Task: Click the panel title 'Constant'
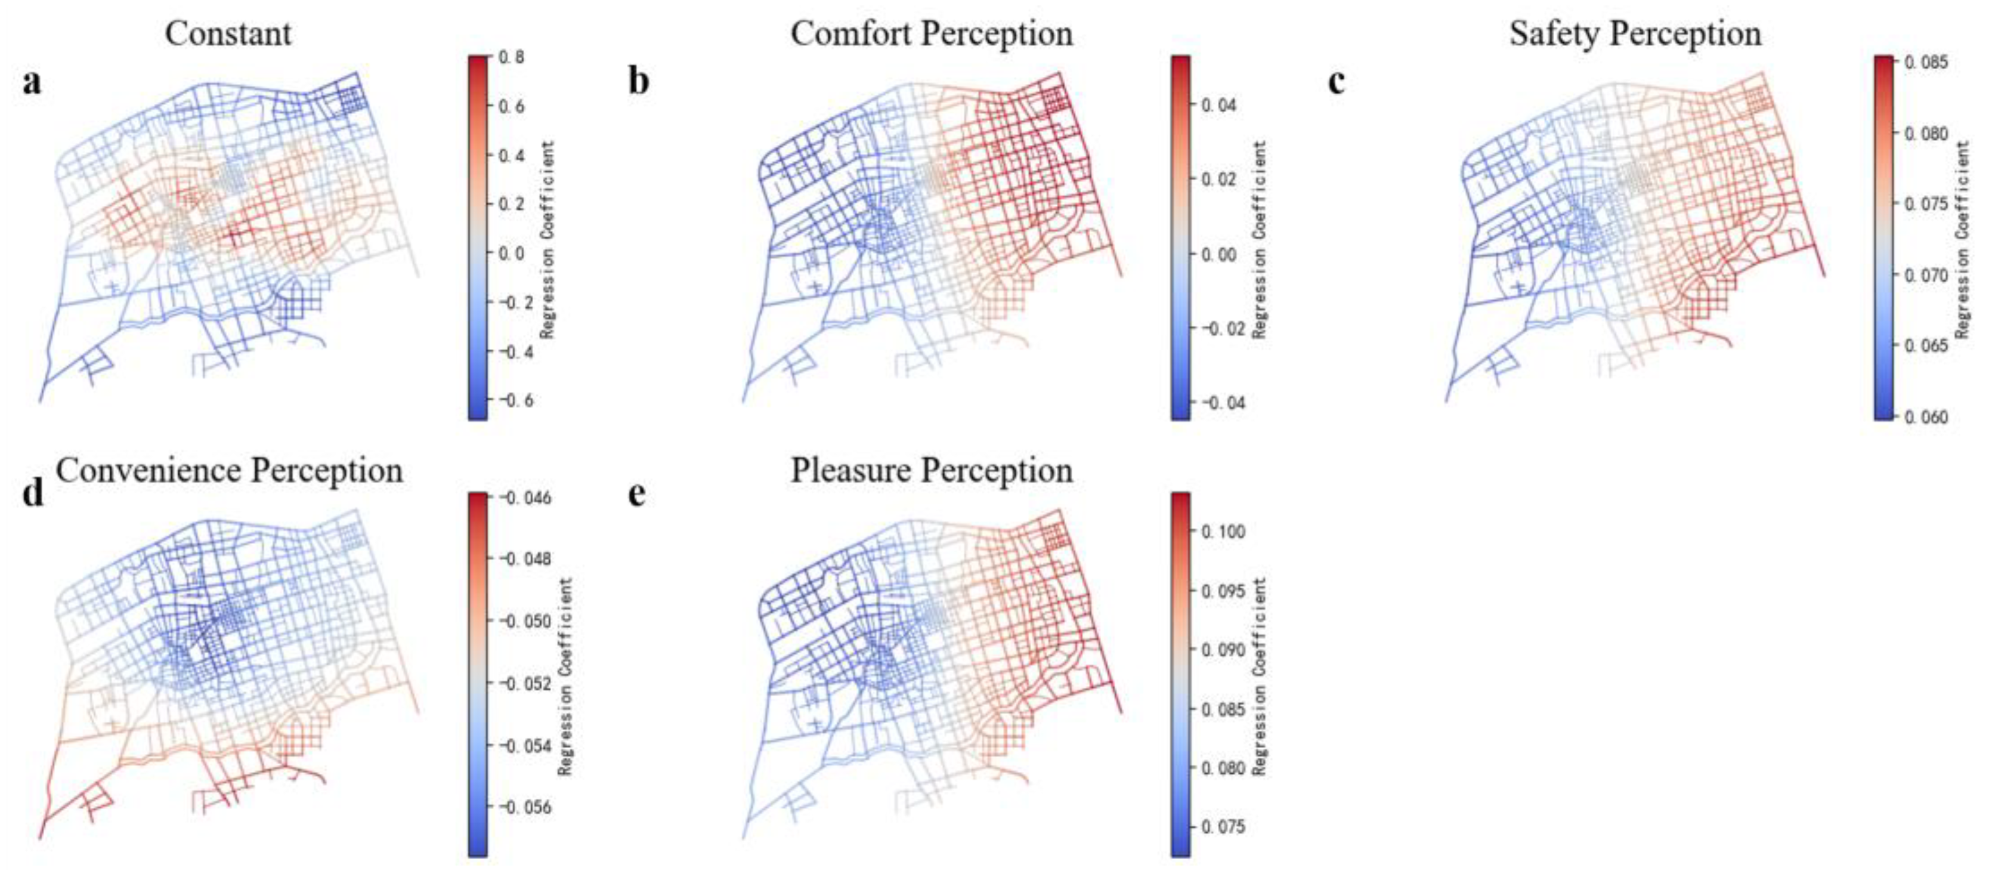click(x=228, y=33)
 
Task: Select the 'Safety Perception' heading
click(x=1635, y=33)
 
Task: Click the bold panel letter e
click(x=637, y=493)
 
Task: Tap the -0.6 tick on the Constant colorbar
click(x=513, y=400)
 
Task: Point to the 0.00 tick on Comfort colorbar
click(x=1218, y=254)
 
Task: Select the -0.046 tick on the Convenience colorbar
click(x=524, y=498)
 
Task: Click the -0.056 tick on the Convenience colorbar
click(x=524, y=807)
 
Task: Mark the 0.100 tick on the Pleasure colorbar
click(x=1222, y=532)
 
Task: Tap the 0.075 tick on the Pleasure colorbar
click(x=1222, y=827)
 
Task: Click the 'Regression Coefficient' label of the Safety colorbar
click(x=1963, y=239)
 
